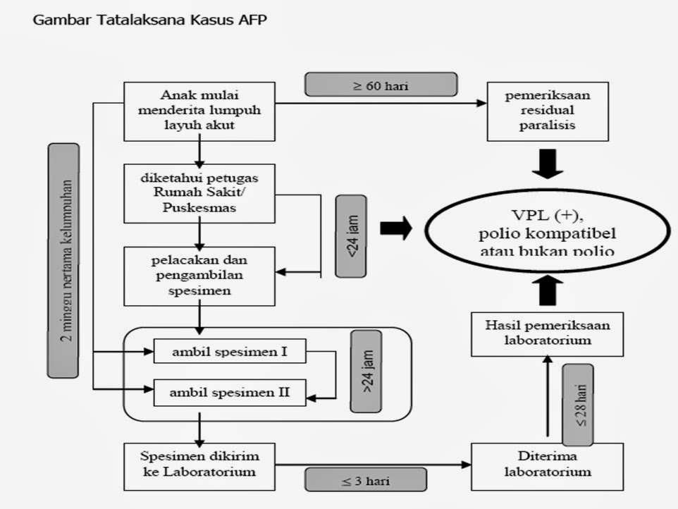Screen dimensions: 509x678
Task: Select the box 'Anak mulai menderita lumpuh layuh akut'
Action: click(x=199, y=111)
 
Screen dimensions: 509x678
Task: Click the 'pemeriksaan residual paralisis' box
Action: click(x=548, y=111)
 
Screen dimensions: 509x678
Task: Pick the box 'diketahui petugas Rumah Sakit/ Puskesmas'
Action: click(x=199, y=194)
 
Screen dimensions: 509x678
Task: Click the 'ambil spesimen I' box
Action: click(x=230, y=350)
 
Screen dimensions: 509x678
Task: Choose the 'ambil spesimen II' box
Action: click(x=230, y=392)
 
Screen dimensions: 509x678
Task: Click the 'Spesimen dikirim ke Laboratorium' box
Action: click(x=199, y=465)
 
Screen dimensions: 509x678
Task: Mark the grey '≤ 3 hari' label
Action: click(x=366, y=480)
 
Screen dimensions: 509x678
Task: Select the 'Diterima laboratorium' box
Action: click(x=547, y=465)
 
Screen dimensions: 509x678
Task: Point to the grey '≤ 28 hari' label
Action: click(x=578, y=405)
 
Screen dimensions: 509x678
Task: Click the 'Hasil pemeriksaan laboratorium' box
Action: click(x=547, y=333)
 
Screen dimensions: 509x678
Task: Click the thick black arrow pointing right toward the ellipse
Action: click(x=396, y=229)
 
